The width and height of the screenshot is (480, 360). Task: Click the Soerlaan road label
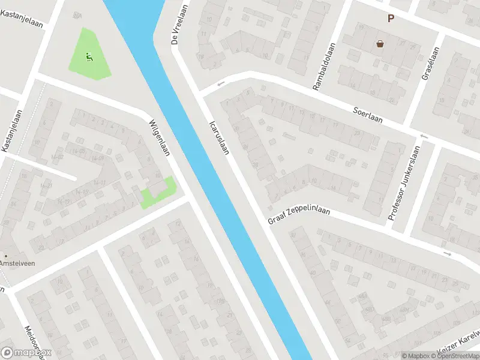(368, 113)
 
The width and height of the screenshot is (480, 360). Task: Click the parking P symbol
(391, 19)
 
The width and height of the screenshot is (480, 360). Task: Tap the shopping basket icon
(380, 43)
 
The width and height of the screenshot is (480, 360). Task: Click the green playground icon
(89, 57)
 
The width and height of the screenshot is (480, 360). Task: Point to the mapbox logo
(26, 353)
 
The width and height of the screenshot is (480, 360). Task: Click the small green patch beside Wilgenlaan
(158, 193)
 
